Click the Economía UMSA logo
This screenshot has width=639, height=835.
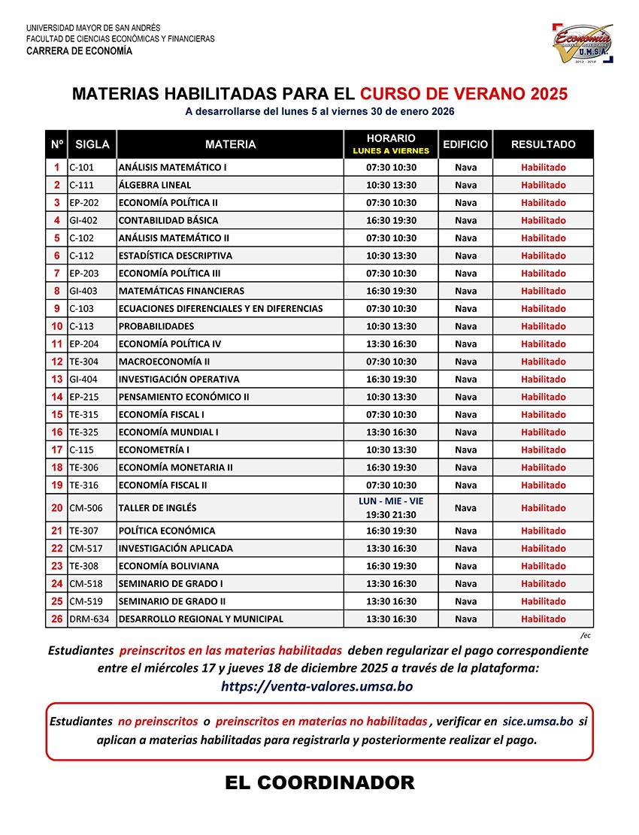[x=583, y=43]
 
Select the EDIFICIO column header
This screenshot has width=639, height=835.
[x=465, y=144]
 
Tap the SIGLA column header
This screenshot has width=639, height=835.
[x=92, y=144]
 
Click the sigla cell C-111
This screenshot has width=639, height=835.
[x=82, y=185]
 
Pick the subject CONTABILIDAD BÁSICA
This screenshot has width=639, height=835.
[x=168, y=220]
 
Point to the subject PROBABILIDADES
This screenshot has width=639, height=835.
[x=156, y=326]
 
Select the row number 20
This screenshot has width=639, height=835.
[x=57, y=508]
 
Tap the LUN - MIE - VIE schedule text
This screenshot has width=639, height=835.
[x=391, y=501]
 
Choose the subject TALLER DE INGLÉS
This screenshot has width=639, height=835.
[x=156, y=508]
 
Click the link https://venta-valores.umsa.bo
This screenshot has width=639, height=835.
[x=316, y=686]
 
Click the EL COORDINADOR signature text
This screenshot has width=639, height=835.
[x=319, y=783]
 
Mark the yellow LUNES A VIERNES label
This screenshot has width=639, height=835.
[x=391, y=150]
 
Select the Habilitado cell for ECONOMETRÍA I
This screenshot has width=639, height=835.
[x=543, y=450]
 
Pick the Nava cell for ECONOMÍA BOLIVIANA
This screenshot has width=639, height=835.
[x=465, y=566]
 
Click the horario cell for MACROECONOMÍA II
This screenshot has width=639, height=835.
[x=391, y=362]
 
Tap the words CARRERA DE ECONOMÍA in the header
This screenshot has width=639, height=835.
[x=79, y=52]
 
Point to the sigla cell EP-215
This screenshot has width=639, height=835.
[x=84, y=397]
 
